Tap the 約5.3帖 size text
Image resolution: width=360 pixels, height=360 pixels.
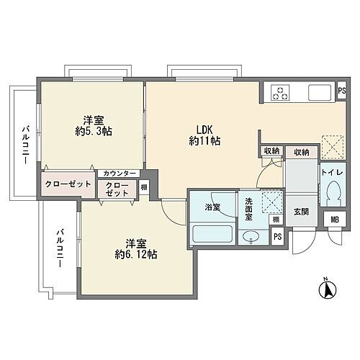pos(91,132)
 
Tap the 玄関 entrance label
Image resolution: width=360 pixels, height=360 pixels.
pos(301,212)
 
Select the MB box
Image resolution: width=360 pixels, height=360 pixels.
pos(335,220)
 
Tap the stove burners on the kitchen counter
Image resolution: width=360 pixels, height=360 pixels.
pos(279,92)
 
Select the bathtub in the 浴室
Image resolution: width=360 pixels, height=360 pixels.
pos(212,234)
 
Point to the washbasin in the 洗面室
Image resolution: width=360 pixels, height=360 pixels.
pos(251,237)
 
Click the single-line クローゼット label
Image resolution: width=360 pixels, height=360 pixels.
pos(68,184)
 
